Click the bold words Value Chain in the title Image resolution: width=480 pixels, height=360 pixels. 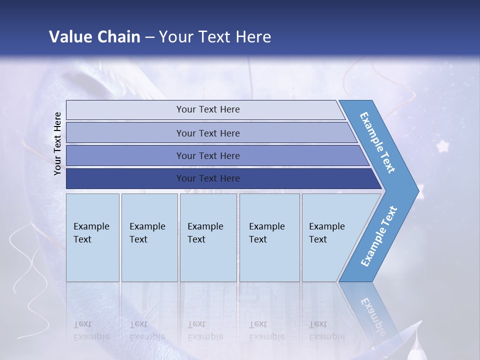point(94,36)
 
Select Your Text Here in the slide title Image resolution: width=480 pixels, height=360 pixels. point(215,36)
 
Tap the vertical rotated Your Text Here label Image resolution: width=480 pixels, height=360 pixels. point(57,143)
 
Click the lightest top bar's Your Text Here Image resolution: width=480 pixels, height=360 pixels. point(208,109)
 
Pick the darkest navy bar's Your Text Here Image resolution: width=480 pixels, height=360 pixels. point(208,178)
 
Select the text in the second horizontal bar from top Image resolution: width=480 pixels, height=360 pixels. point(208,133)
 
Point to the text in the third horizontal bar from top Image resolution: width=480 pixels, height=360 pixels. point(208,156)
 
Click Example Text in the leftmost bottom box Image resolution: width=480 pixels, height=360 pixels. point(91,233)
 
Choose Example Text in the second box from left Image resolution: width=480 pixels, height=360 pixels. point(147,233)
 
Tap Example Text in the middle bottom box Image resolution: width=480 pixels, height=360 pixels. point(205,233)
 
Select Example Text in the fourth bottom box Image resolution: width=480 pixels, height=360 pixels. point(266,233)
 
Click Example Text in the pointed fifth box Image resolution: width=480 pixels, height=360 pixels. point(326,233)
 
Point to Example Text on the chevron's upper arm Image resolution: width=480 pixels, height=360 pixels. point(377,142)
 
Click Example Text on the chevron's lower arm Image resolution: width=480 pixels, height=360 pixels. point(378,236)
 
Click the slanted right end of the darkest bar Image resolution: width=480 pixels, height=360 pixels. point(376,179)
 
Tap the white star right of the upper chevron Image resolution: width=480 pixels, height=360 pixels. point(442,146)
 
